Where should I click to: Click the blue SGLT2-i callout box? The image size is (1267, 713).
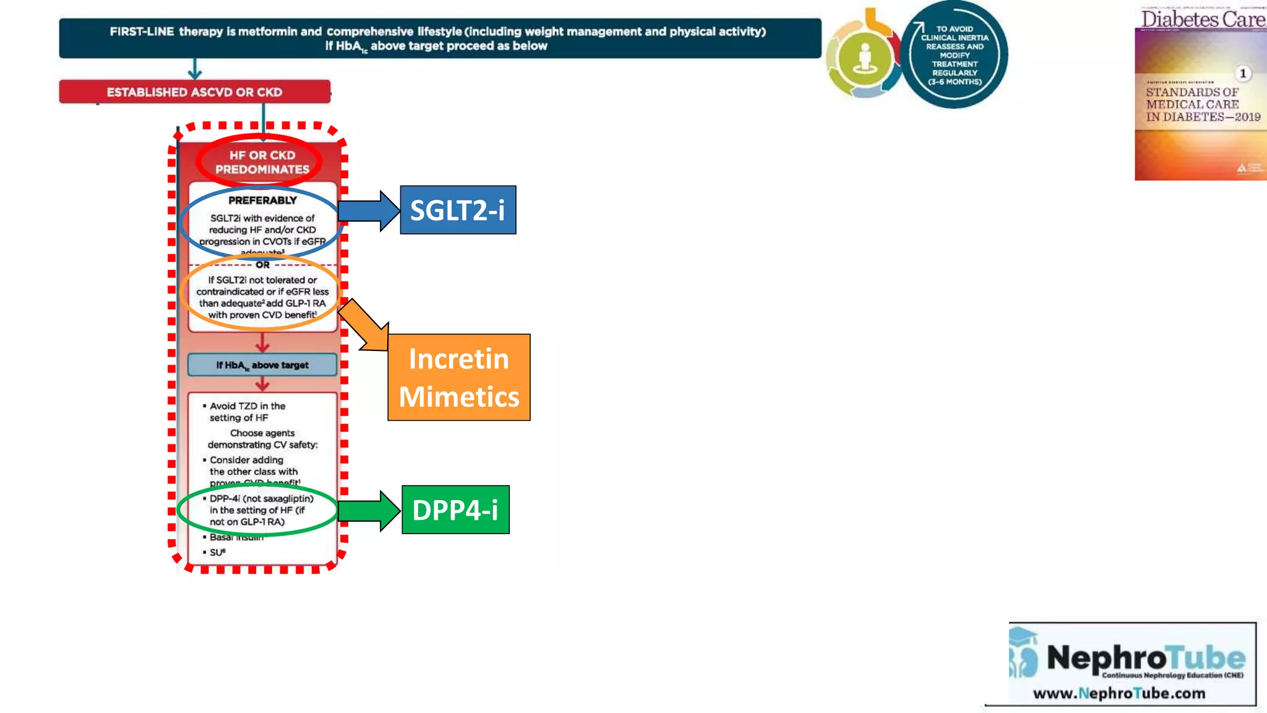point(458,210)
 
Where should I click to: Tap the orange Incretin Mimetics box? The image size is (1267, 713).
point(459,378)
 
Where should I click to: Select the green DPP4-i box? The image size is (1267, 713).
point(455,510)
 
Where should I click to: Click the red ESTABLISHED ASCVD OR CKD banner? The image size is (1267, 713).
point(194,92)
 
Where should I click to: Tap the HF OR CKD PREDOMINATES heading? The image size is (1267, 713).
point(262,162)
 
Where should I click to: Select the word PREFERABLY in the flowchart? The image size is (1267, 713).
point(262,201)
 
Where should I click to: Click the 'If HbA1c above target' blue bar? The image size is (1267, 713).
point(262,365)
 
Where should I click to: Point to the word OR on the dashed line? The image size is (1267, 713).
point(262,265)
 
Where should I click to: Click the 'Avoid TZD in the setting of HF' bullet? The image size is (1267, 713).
point(247,412)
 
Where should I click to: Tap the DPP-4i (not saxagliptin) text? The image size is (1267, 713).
point(261,499)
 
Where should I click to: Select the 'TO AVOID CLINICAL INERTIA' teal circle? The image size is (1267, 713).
point(955,55)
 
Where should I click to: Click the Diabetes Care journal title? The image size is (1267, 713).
point(1202,19)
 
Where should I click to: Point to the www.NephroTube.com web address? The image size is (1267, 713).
point(1119,693)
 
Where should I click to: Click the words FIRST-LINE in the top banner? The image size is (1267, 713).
point(142,32)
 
